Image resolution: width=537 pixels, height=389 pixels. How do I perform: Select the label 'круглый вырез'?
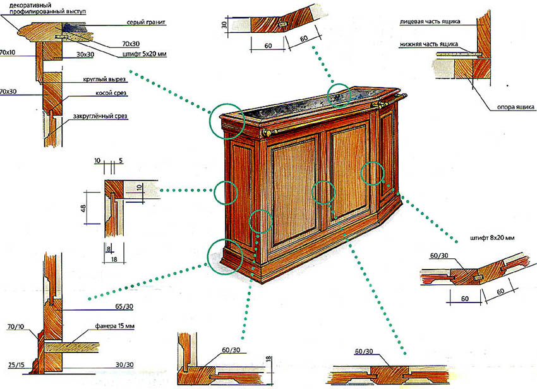coord(105,80)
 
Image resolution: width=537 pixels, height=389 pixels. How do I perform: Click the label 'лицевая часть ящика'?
coord(429,21)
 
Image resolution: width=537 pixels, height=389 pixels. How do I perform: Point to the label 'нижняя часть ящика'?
coord(429,45)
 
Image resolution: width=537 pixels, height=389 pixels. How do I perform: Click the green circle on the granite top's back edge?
coord(340,95)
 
